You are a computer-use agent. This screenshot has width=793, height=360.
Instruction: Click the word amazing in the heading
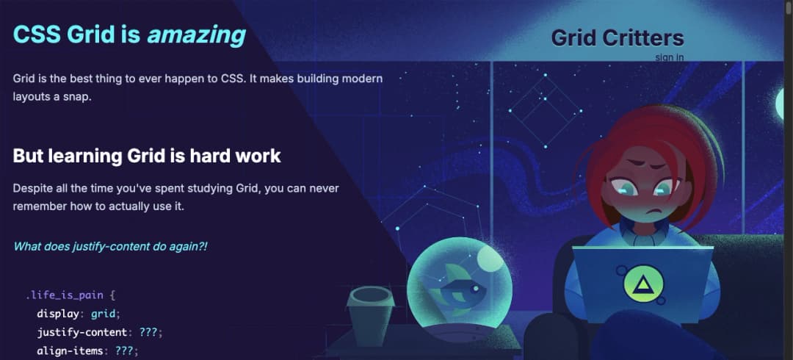pos(196,35)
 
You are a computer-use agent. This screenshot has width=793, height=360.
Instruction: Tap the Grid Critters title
pos(618,38)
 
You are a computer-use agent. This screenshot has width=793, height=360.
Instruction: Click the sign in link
pos(670,57)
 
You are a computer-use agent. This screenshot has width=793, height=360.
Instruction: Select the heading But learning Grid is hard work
pos(147,156)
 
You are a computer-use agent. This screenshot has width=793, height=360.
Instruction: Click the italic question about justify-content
pos(110,247)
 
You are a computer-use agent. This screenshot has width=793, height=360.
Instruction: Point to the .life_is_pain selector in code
pos(65,295)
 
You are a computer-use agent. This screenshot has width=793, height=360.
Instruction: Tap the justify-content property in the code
pos(82,333)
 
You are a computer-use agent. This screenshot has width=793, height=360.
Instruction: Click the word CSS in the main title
pos(37,35)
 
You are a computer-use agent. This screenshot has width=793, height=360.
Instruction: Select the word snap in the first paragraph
pos(78,97)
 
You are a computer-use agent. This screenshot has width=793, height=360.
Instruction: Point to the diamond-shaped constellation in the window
pos(545,110)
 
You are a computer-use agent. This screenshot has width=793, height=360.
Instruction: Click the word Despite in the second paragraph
pos(32,188)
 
